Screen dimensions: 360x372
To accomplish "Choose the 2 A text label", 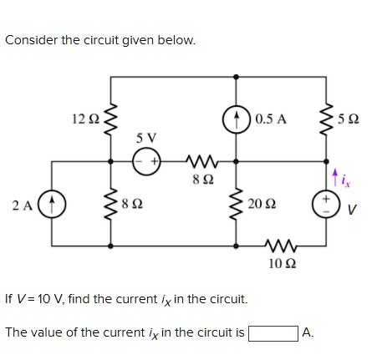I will (x=23, y=203).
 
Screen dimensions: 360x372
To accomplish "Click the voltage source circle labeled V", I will (x=324, y=203).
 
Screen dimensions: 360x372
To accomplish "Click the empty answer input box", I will (x=273, y=332).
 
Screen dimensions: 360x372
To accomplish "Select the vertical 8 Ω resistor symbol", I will (x=110, y=203).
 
